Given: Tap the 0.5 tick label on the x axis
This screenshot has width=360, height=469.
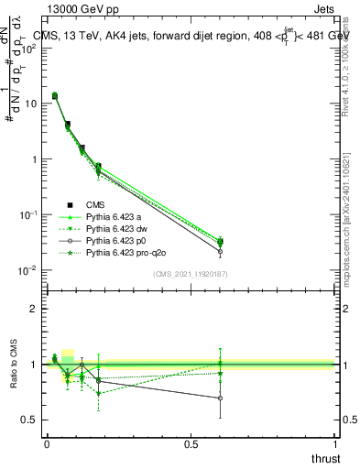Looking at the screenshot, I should pyautogui.click(x=191, y=445).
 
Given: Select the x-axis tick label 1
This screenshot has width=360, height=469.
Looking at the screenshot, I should pyautogui.click(x=336, y=445).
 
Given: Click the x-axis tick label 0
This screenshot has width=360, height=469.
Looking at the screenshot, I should pyautogui.click(x=46, y=445).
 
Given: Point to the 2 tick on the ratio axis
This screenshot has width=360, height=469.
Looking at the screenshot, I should pyautogui.click(x=32, y=309).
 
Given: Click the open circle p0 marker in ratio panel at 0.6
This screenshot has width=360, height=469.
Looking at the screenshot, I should pyautogui.click(x=220, y=398).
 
